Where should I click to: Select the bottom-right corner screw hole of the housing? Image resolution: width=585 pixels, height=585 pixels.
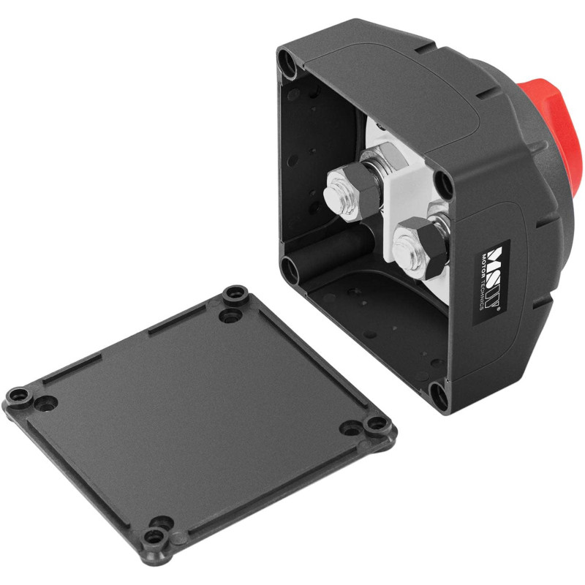point(437,396)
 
